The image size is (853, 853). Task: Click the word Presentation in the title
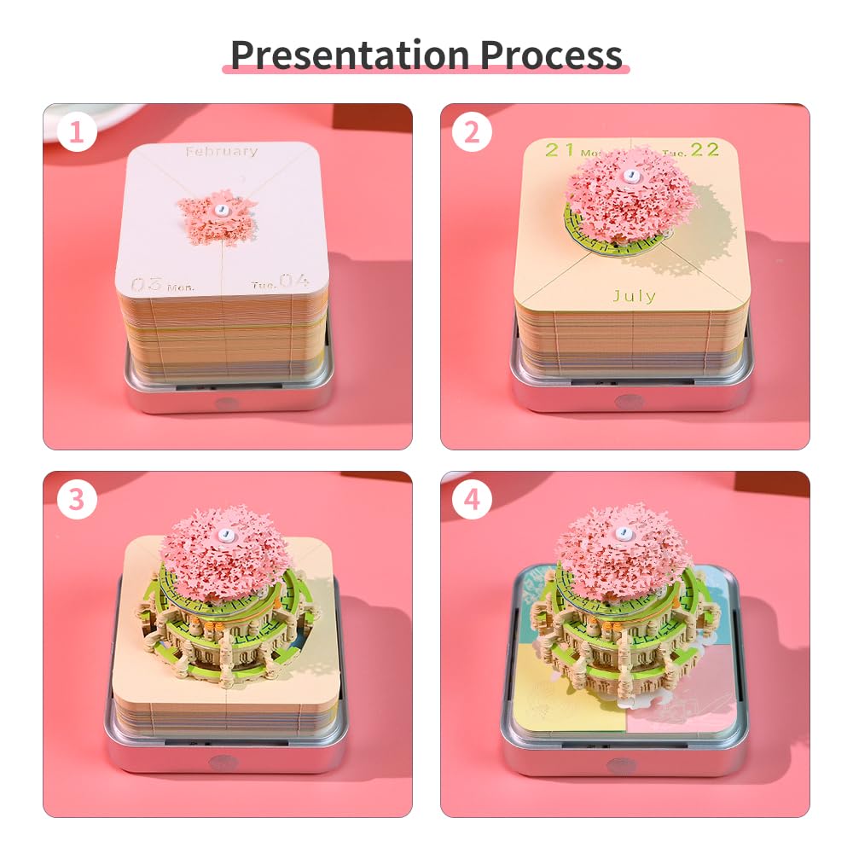pyautogui.click(x=351, y=55)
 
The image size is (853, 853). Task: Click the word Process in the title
pyautogui.click(x=551, y=55)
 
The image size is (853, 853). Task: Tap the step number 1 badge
pyautogui.click(x=77, y=132)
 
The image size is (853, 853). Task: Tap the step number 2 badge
pyautogui.click(x=472, y=132)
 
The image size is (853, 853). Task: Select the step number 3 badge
pyautogui.click(x=77, y=499)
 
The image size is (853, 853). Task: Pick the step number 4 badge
pyautogui.click(x=472, y=499)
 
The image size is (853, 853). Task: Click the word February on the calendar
pyautogui.click(x=222, y=151)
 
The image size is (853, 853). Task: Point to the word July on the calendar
pyautogui.click(x=635, y=296)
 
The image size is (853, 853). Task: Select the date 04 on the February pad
pyautogui.click(x=294, y=281)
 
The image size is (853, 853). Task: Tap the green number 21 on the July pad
pyautogui.click(x=560, y=149)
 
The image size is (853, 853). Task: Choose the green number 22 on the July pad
pyautogui.click(x=705, y=149)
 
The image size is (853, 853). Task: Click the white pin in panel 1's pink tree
pyautogui.click(x=222, y=210)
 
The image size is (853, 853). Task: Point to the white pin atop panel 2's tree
pyautogui.click(x=631, y=175)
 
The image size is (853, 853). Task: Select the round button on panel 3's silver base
pyautogui.click(x=219, y=762)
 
